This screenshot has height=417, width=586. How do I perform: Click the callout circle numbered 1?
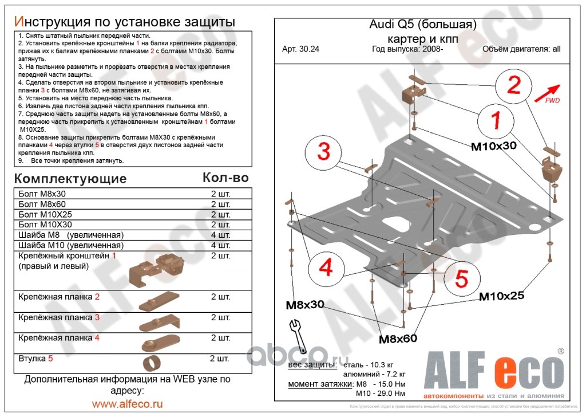(x=496, y=121)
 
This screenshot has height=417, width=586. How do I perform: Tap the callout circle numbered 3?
(x=324, y=152)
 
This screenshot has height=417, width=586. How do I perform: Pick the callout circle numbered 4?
(x=326, y=267)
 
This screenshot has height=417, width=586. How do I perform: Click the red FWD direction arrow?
(x=548, y=92)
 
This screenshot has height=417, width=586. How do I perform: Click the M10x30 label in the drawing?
(x=493, y=146)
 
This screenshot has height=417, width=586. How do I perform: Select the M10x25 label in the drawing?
(x=501, y=296)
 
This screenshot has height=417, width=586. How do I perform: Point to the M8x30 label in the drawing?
(x=305, y=305)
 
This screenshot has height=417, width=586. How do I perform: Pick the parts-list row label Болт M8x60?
(x=42, y=204)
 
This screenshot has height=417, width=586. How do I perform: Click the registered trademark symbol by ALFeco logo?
(x=560, y=351)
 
